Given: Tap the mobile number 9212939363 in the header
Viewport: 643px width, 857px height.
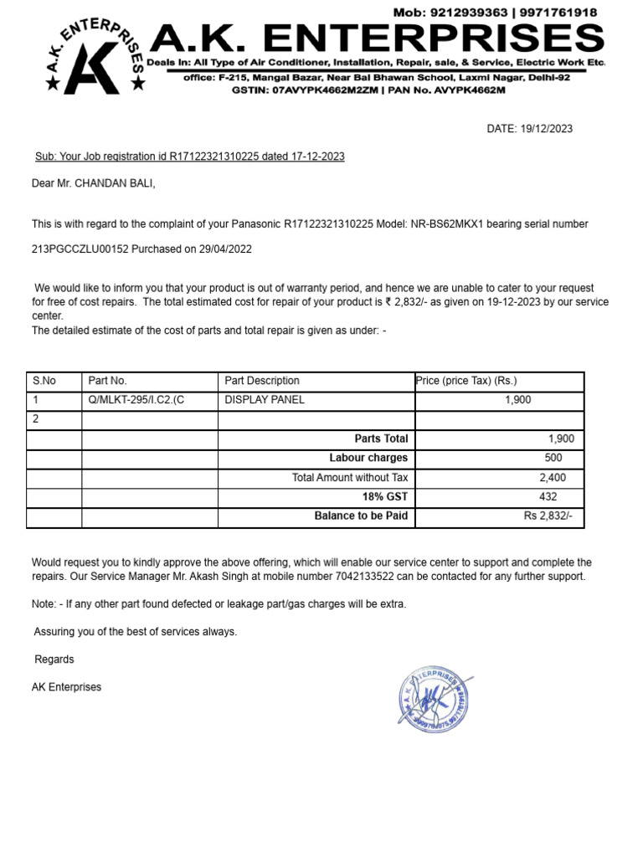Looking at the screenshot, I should [460, 13].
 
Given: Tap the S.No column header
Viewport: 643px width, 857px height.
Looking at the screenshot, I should [44, 381].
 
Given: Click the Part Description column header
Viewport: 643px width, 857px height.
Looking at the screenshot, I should [262, 381].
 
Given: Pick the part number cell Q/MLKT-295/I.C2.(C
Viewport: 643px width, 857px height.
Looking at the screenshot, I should [135, 400].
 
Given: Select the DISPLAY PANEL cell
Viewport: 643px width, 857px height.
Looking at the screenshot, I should [265, 400].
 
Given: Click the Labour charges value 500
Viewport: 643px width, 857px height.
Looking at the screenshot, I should [553, 458].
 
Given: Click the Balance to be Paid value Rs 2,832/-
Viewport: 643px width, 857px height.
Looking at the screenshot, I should [548, 516].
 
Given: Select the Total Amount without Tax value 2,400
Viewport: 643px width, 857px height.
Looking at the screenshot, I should [553, 477].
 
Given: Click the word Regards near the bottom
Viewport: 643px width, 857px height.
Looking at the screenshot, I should [54, 659].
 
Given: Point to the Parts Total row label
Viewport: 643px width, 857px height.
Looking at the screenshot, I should [381, 439].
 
